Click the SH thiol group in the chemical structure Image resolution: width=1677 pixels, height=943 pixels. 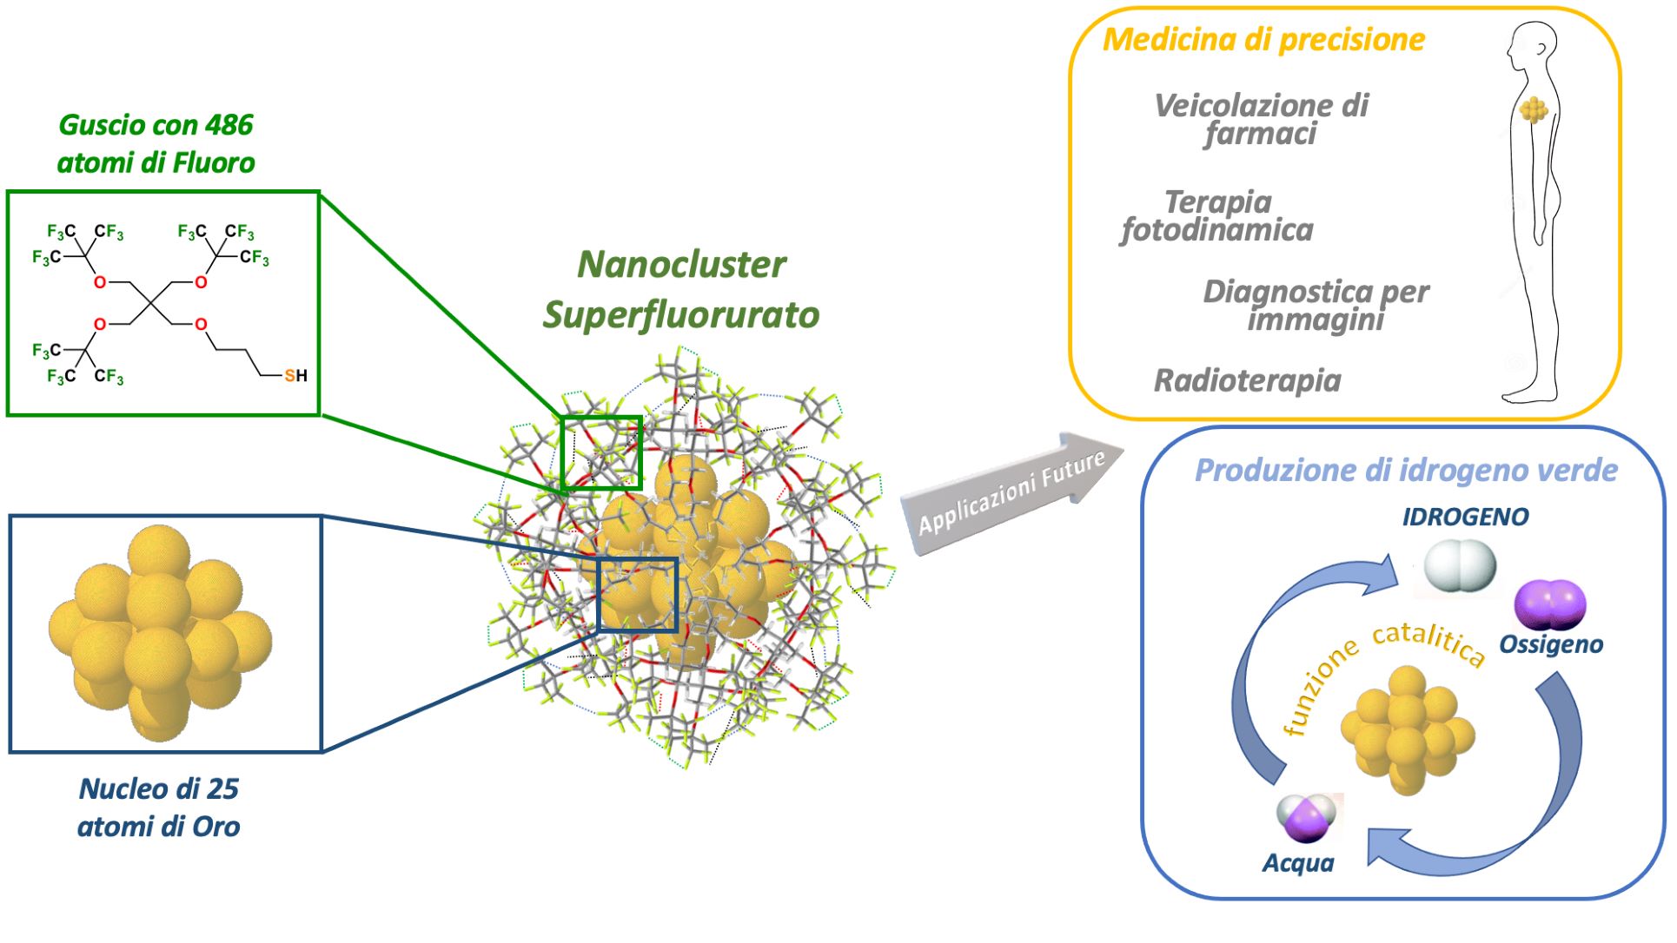coord(295,376)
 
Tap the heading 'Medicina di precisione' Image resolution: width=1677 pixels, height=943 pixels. coord(1263,40)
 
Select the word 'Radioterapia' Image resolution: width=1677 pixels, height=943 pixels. coord(1247,380)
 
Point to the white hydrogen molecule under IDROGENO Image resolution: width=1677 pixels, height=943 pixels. coord(1460,565)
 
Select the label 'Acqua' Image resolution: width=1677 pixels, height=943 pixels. coord(1298,863)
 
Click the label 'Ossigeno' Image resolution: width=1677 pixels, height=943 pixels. coord(1551,644)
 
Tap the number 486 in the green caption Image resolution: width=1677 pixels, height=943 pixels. coord(229,125)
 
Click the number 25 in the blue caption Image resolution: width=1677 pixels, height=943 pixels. coord(222,788)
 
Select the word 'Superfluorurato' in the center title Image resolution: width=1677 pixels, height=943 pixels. coord(680,315)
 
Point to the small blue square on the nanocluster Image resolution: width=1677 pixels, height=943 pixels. coord(637,594)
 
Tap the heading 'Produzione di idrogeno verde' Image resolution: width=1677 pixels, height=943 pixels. coord(1405,471)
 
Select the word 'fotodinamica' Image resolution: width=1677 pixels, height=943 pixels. coord(1217,230)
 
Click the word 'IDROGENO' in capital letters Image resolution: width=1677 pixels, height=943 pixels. coord(1465,518)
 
